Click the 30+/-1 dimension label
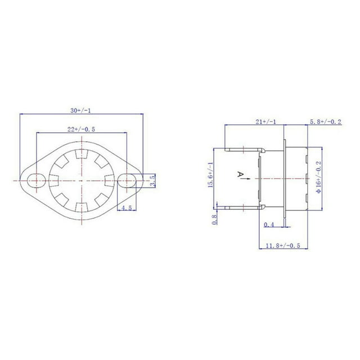click(80, 111)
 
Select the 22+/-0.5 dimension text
click(81, 129)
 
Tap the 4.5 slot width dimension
click(127, 208)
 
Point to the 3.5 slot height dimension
click(152, 181)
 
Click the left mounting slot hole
click(37, 181)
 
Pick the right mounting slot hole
click(127, 181)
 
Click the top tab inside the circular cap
click(82, 154)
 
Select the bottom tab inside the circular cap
click(82, 208)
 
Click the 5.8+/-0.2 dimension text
click(326, 121)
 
